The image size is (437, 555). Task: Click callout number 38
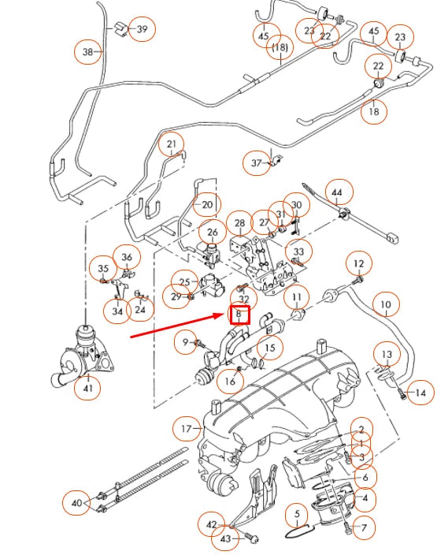point(88,52)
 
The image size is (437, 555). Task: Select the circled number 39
point(142,29)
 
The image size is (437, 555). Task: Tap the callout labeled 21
point(171,144)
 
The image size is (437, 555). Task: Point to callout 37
point(257,163)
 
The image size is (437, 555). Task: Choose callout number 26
point(212,233)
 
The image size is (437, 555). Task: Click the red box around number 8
point(239,315)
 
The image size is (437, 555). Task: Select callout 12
point(358,263)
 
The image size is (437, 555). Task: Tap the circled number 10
point(386,304)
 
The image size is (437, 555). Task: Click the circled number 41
point(87,387)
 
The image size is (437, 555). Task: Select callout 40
point(76,502)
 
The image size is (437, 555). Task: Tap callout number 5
point(298,516)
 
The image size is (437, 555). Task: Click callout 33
point(298,251)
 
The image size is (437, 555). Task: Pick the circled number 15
point(269,347)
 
